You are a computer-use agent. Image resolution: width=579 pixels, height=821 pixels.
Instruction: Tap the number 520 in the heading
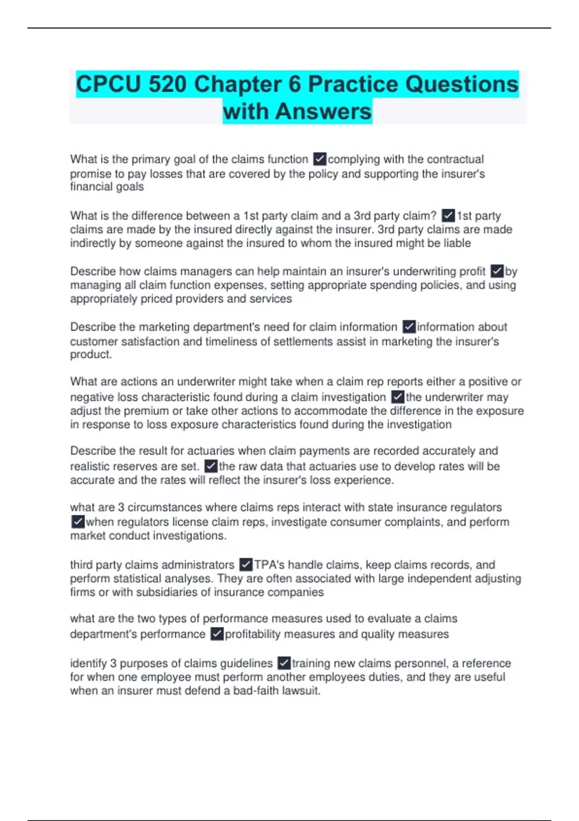167,84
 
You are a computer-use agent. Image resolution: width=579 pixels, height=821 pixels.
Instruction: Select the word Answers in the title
324,112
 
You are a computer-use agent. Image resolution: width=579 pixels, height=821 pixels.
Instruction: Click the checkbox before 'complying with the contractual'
319,159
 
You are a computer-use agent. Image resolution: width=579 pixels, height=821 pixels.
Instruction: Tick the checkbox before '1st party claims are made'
448,215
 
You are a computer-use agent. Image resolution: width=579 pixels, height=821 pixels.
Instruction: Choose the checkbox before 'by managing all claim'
496,271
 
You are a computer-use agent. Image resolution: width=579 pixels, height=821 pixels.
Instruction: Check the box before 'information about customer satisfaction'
409,327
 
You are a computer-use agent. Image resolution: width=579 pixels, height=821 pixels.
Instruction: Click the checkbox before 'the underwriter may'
397,397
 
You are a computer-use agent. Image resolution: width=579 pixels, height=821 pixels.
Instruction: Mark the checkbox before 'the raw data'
211,466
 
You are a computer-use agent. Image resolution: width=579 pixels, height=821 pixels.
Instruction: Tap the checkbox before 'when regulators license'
78,522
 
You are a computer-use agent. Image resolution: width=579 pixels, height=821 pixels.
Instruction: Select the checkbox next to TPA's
246,565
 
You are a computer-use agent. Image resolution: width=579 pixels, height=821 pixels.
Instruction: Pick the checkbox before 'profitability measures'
217,634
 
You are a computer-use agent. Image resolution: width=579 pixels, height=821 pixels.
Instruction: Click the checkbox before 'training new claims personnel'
284,663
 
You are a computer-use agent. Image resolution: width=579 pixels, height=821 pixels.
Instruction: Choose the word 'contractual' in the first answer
455,159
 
